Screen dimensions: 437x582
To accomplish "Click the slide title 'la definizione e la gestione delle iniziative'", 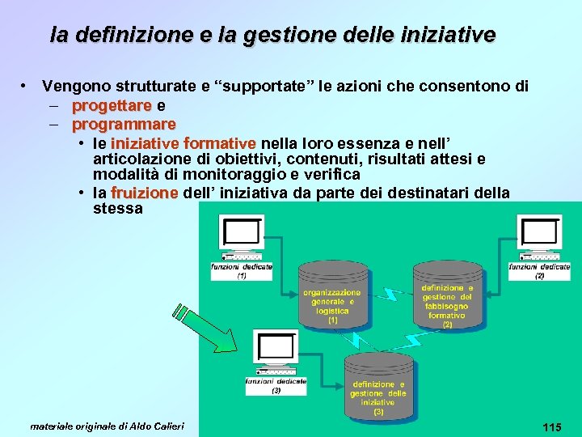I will coord(272,36).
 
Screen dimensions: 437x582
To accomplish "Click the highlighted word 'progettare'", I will coord(112,105).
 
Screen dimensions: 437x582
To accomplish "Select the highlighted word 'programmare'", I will coord(124,125).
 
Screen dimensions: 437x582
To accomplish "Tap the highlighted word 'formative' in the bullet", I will coord(219,144).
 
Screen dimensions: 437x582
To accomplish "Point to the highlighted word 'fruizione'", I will coord(145,193).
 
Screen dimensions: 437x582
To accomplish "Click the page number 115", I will coord(553,426).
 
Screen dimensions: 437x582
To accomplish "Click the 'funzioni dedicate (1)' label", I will coord(242,270).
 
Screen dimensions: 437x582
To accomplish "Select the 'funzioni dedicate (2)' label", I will coord(539,270).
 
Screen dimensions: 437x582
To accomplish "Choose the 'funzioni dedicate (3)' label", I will coord(276,385).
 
